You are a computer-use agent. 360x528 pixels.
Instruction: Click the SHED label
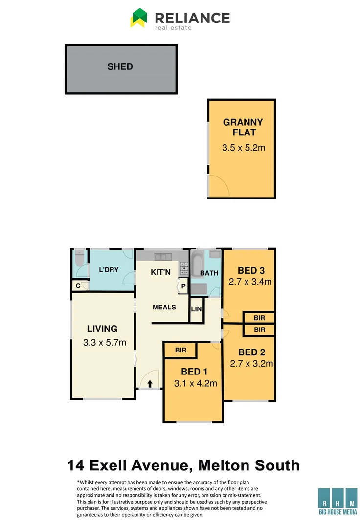pyautogui.click(x=120, y=66)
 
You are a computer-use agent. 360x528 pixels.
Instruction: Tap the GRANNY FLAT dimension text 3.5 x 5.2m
pyautogui.click(x=244, y=147)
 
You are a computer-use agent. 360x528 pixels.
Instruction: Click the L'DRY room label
pyautogui.click(x=109, y=270)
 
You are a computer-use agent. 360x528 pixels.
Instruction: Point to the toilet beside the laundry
pyautogui.click(x=80, y=259)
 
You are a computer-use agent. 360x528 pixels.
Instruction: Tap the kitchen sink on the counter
pyautogui.click(x=161, y=256)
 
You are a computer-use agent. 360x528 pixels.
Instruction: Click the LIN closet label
pyautogui.click(x=196, y=310)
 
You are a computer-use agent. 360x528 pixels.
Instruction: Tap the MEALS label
pyautogui.click(x=164, y=307)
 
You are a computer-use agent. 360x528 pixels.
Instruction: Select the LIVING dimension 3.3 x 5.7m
pyautogui.click(x=105, y=342)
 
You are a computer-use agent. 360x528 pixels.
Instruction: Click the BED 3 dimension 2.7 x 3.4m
pyautogui.click(x=250, y=282)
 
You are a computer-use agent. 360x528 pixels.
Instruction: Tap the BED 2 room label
pyautogui.click(x=251, y=352)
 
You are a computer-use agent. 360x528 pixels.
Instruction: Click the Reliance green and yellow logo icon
pyautogui.click(x=139, y=18)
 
